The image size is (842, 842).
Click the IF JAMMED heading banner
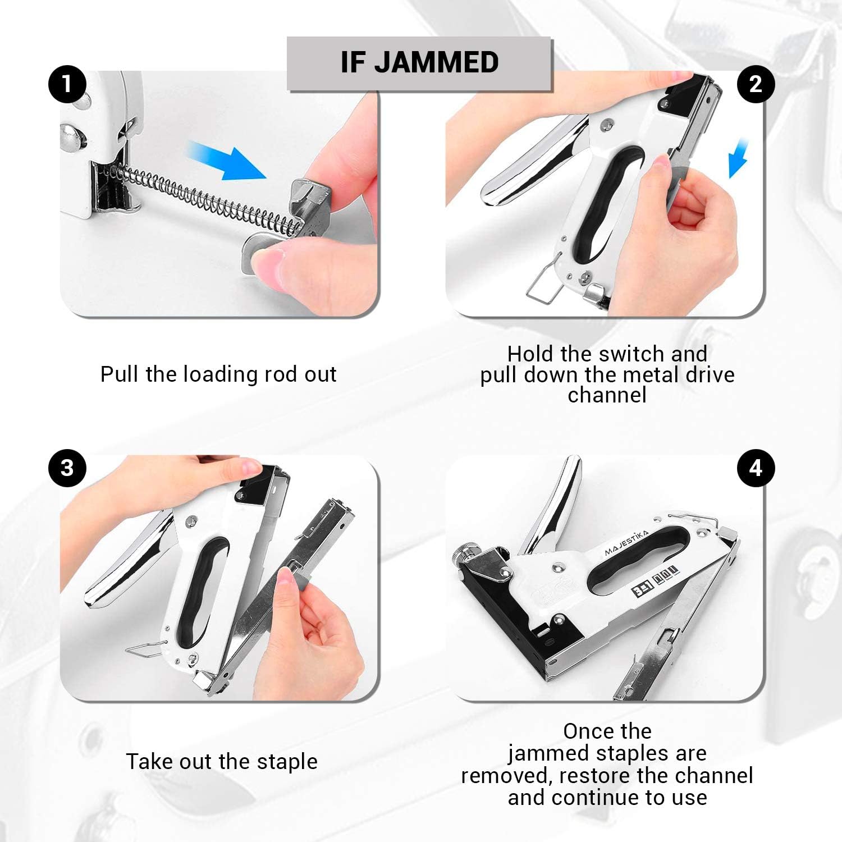coord(419,62)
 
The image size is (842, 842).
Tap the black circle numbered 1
coord(67,85)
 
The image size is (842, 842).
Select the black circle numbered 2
coord(756,85)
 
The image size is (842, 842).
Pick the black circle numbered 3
coord(67,468)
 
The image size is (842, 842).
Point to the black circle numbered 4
coord(756,468)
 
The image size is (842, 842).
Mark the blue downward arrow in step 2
coord(739,159)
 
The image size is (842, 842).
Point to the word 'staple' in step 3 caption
coord(287,762)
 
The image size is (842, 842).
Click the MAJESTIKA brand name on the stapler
coord(626,543)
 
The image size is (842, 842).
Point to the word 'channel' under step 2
coord(607,395)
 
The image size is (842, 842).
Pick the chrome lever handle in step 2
coord(530,163)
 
